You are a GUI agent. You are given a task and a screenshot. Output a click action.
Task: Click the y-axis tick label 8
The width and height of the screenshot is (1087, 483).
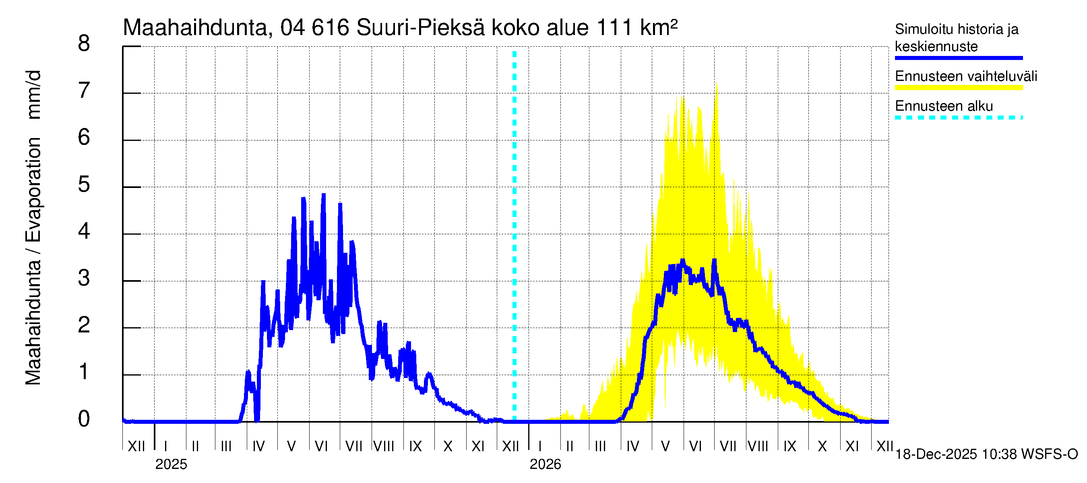click(x=84, y=43)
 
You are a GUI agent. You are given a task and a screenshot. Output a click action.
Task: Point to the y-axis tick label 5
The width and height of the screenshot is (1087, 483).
click(x=84, y=184)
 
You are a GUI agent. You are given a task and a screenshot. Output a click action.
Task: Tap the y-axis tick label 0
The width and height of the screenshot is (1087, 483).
click(x=84, y=419)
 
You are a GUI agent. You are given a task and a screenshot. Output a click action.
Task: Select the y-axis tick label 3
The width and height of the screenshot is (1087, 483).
click(x=84, y=278)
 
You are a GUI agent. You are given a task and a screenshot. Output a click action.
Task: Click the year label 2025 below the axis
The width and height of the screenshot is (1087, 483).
click(x=171, y=464)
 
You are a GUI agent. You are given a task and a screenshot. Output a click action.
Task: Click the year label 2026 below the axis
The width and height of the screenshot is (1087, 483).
click(x=545, y=464)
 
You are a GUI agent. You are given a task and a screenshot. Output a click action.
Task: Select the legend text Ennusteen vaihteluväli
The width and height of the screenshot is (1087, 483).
click(x=966, y=76)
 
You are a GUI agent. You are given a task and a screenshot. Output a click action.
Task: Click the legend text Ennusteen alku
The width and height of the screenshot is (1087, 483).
click(x=944, y=106)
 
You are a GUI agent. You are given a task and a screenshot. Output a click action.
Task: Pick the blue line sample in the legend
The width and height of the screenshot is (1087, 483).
click(x=959, y=58)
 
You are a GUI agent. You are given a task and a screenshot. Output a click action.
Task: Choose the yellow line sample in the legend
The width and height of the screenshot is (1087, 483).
click(x=959, y=88)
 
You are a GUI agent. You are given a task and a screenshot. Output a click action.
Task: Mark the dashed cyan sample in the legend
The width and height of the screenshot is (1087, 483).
click(x=959, y=118)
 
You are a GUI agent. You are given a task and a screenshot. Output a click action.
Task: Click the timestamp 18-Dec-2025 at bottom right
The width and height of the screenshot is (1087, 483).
click(x=936, y=454)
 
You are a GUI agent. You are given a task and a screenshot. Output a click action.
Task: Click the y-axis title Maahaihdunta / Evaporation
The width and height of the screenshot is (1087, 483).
click(x=33, y=262)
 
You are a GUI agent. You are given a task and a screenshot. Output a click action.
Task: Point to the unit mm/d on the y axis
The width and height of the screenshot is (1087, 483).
click(x=33, y=95)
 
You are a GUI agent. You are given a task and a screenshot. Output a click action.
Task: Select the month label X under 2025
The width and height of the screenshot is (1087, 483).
click(x=448, y=446)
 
